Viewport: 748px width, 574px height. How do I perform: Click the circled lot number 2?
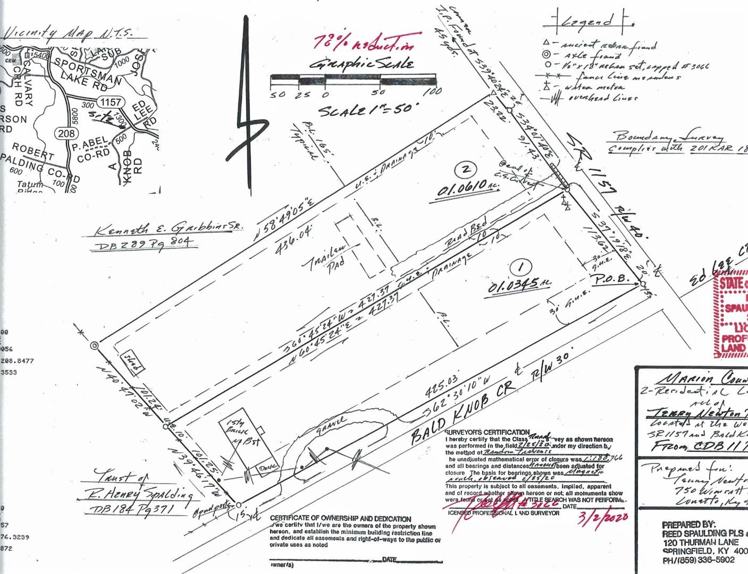point(466,170)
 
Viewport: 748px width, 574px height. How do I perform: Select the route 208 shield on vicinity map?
point(66,133)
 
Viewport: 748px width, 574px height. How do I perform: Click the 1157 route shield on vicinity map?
point(110,102)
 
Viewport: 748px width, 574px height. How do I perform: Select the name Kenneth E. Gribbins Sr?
point(169,229)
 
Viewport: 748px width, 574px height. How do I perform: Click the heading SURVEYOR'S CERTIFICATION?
point(487,432)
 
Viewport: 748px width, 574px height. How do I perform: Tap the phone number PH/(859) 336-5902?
point(698,560)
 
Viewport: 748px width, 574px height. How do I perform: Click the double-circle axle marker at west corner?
point(95,346)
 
